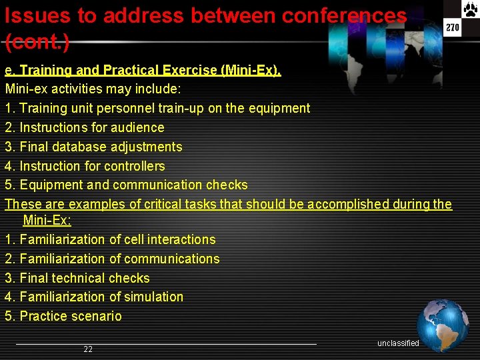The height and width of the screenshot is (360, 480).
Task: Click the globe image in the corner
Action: coord(443,325)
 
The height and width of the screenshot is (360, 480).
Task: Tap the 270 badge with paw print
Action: coord(453,20)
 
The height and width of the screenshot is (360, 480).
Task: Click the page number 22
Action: coord(88,349)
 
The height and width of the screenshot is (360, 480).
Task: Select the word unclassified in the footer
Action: coord(398,343)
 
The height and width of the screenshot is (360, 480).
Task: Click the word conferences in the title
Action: coord(344,15)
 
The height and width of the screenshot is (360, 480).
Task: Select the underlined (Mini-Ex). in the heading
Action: coord(250,70)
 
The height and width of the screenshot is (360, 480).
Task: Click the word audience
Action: coord(139,127)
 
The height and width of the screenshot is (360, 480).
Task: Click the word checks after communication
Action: coord(227,185)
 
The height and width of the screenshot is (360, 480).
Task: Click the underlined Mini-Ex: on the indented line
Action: coord(47,220)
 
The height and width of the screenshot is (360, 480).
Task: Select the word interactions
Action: coord(181,239)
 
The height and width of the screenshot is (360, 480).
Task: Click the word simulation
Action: coord(151,297)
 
